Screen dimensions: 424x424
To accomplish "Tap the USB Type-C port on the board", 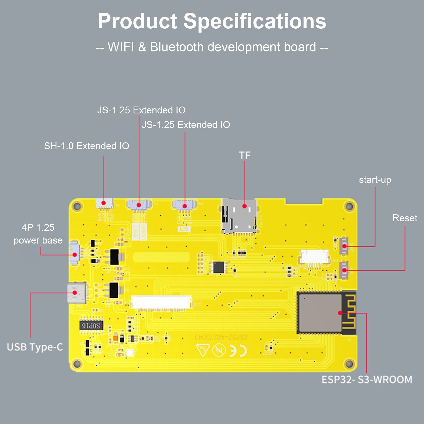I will [x=77, y=293].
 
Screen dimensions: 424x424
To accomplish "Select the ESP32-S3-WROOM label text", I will [x=367, y=379].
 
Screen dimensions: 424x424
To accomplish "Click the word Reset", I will [x=405, y=218].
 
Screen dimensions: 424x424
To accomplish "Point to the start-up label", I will [x=375, y=180].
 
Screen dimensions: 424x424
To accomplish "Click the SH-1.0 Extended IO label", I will [x=86, y=146].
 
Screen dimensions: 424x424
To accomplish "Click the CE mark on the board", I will [x=238, y=351].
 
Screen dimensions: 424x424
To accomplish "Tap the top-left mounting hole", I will [x=77, y=206].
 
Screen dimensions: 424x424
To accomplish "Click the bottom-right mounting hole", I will [x=349, y=364].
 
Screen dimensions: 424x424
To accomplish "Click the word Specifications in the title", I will [x=255, y=21].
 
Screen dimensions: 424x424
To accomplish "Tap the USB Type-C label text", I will [x=35, y=347].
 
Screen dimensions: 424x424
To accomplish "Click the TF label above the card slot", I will [x=245, y=155].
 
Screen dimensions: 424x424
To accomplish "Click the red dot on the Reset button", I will [x=344, y=270].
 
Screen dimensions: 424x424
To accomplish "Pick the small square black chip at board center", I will [x=219, y=267].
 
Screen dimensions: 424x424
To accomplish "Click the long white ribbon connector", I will [x=161, y=302].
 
